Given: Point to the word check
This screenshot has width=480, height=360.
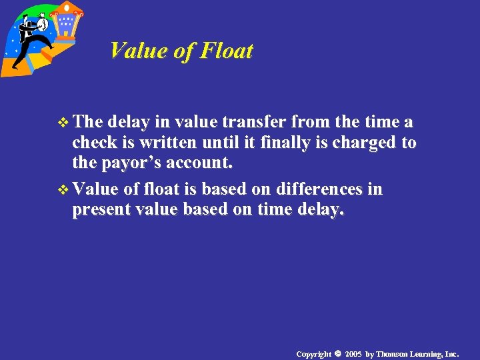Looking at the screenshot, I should click(x=92, y=142).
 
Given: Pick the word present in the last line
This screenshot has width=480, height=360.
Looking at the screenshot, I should click(x=101, y=209).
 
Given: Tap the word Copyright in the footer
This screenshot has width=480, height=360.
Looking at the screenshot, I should click(x=313, y=353).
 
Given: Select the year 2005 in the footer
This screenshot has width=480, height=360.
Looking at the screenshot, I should click(x=353, y=353).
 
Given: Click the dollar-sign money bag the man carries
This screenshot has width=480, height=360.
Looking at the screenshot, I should click(x=42, y=24).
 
